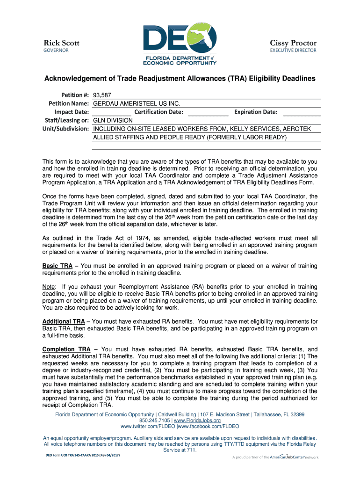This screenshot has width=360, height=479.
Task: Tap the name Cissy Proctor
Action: click(x=293, y=43)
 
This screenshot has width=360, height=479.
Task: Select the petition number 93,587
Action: click(x=102, y=95)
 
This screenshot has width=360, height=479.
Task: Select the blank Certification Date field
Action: click(x=208, y=112)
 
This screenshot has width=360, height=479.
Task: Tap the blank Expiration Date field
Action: click(x=302, y=112)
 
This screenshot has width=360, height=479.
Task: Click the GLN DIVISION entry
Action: click(x=114, y=120)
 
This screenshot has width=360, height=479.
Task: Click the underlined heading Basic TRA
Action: click(x=58, y=266)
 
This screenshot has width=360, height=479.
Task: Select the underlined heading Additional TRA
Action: click(x=64, y=322)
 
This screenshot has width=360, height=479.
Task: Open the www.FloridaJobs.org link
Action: click(x=200, y=421)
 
